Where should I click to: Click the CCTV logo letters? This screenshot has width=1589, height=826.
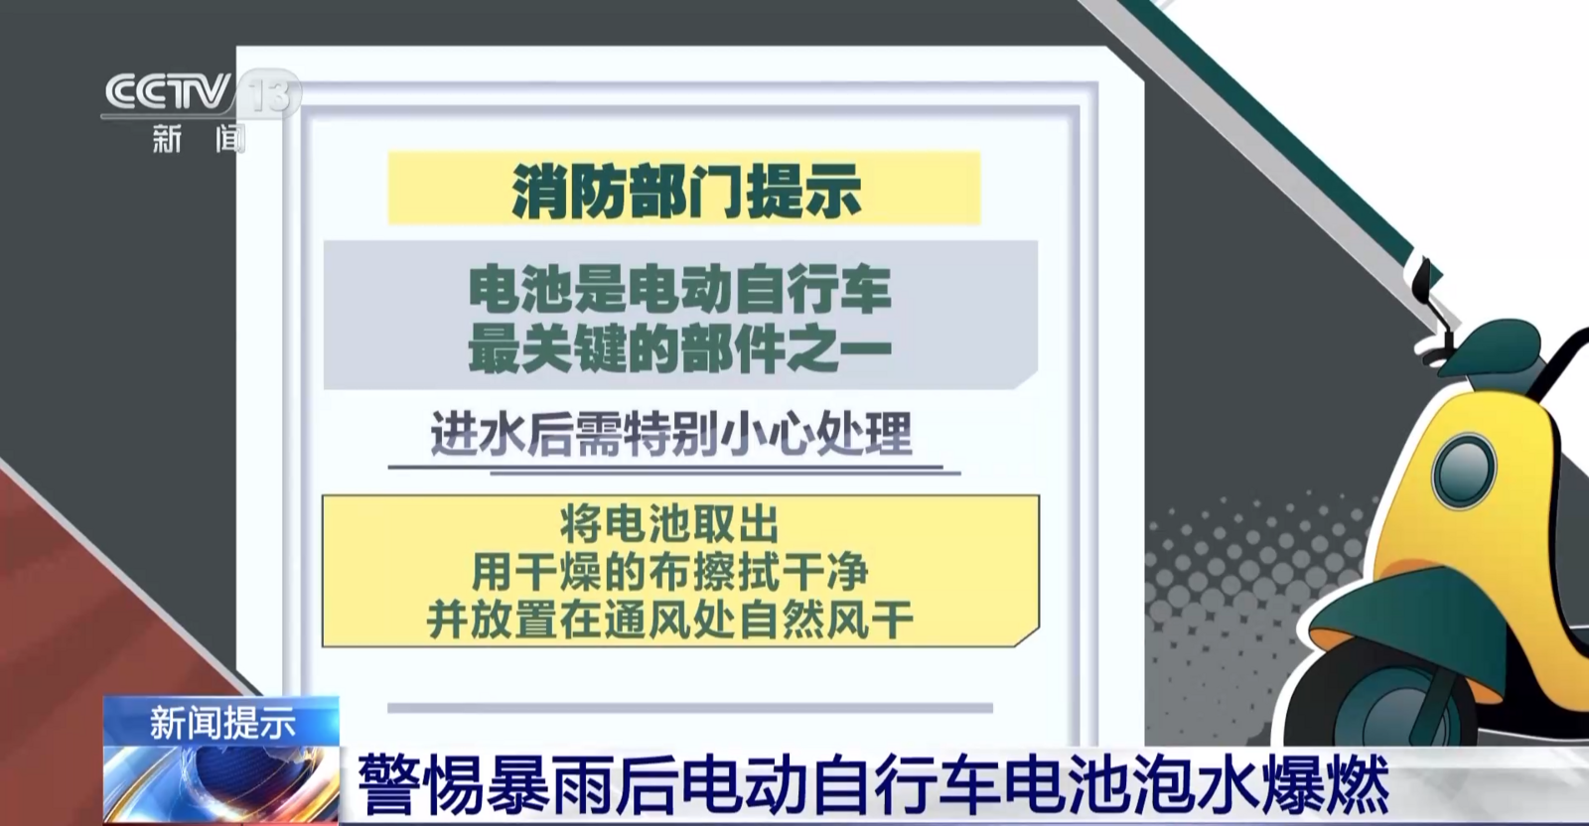click(169, 92)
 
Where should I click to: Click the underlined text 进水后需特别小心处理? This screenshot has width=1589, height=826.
click(671, 433)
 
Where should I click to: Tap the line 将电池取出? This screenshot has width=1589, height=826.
click(669, 524)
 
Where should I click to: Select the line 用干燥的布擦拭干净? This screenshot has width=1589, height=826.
click(669, 572)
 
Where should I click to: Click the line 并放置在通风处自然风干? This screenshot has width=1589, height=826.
click(669, 619)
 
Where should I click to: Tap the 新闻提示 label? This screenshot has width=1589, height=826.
click(222, 724)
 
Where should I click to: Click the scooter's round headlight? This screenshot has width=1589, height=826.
click(1464, 469)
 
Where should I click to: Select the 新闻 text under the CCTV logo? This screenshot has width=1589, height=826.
click(199, 139)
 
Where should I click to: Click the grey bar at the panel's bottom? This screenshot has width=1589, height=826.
click(689, 708)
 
